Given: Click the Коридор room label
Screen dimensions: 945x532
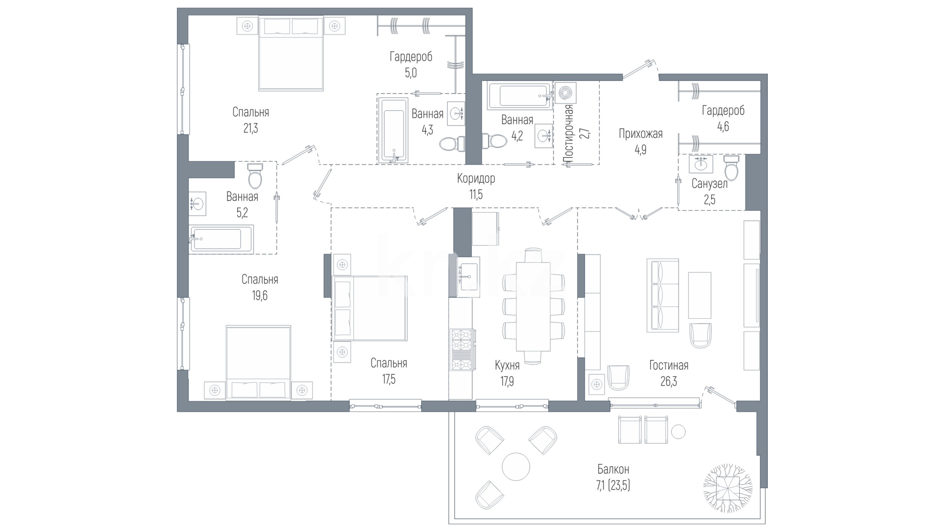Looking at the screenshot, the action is click(x=476, y=178).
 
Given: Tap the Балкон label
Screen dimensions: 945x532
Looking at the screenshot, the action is click(x=613, y=469).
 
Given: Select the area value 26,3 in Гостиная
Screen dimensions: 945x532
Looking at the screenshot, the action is click(x=668, y=382).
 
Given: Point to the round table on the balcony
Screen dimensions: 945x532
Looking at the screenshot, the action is click(x=516, y=466).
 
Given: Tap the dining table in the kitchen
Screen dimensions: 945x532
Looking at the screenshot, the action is click(x=533, y=306).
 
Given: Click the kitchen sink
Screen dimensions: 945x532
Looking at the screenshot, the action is click(x=469, y=277).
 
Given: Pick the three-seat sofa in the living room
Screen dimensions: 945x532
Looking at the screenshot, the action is click(x=662, y=296).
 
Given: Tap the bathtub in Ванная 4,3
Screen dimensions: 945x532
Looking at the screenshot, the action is click(x=393, y=130).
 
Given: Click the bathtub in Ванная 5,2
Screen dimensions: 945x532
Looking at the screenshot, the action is click(x=221, y=239).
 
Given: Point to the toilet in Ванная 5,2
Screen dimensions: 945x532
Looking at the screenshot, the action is click(x=255, y=176).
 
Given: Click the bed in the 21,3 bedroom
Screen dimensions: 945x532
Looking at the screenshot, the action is click(x=291, y=54).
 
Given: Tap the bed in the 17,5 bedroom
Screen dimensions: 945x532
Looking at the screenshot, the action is click(x=370, y=308).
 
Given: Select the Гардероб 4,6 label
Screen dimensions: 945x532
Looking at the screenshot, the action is click(x=723, y=118).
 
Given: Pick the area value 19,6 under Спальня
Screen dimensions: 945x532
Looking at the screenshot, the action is click(x=259, y=296).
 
